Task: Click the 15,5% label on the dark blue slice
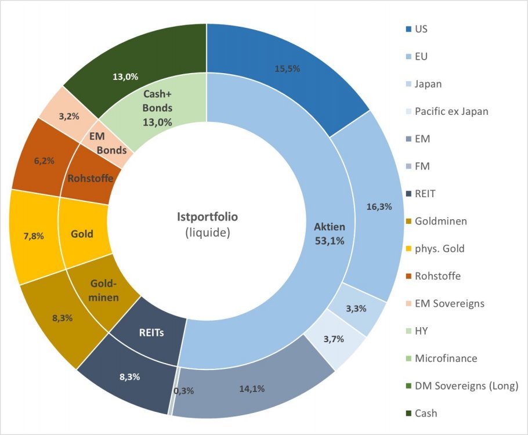click(x=288, y=68)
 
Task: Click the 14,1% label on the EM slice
click(x=252, y=389)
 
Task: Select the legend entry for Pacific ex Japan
click(x=451, y=111)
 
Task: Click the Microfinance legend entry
click(x=445, y=358)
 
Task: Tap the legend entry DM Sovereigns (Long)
click(x=466, y=386)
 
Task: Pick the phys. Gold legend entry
click(x=439, y=248)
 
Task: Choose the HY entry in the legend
click(x=422, y=331)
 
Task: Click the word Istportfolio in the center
click(x=207, y=217)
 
